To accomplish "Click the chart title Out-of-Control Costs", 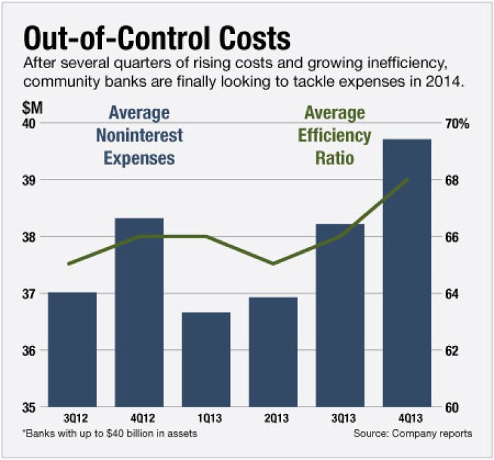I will click(x=158, y=38).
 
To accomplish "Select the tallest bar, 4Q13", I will click(x=407, y=273).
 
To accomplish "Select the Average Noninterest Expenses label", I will click(x=139, y=136).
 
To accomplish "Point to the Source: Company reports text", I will click(x=414, y=434).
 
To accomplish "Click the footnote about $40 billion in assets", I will click(x=110, y=434).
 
